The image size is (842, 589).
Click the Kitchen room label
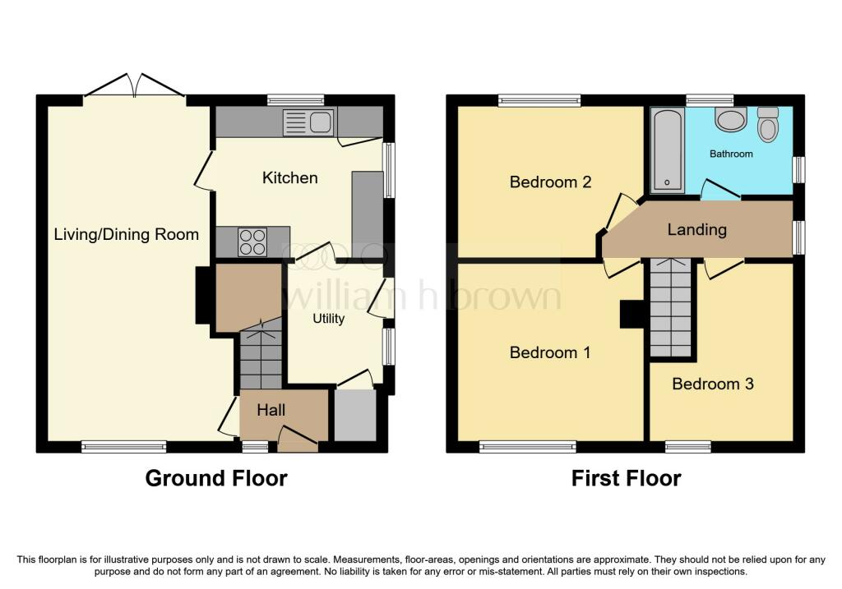tap(289, 177)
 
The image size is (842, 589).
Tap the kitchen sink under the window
tap(308, 122)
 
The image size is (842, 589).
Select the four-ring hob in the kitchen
tap(252, 241)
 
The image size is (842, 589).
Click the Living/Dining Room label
tap(126, 234)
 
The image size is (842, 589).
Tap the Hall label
tap(271, 409)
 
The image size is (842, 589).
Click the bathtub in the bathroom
tap(667, 151)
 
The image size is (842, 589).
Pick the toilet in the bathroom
tap(768, 125)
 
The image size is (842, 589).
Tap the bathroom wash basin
tap(729, 120)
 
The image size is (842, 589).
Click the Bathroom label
tap(731, 154)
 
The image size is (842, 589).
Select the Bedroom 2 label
tap(550, 182)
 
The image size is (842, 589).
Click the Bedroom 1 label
tap(549, 352)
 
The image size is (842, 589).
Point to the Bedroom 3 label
tap(712, 384)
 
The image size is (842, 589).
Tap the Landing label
tap(696, 229)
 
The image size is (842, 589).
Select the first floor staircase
tap(670, 308)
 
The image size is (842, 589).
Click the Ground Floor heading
tap(216, 478)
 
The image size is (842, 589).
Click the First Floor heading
tap(626, 478)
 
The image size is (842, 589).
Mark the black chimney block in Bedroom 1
tap(631, 314)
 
